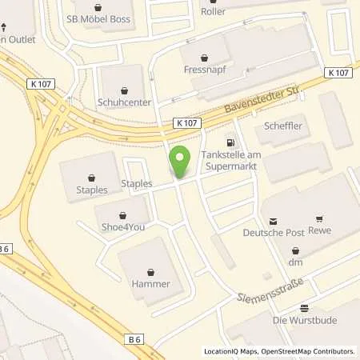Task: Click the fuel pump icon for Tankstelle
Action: coord(232,137)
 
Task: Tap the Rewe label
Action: coord(318,234)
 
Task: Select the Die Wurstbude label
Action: coord(305,321)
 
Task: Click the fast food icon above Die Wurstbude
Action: coord(304,308)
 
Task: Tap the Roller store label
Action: coord(236,11)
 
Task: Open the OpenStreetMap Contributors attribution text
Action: coord(308,351)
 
